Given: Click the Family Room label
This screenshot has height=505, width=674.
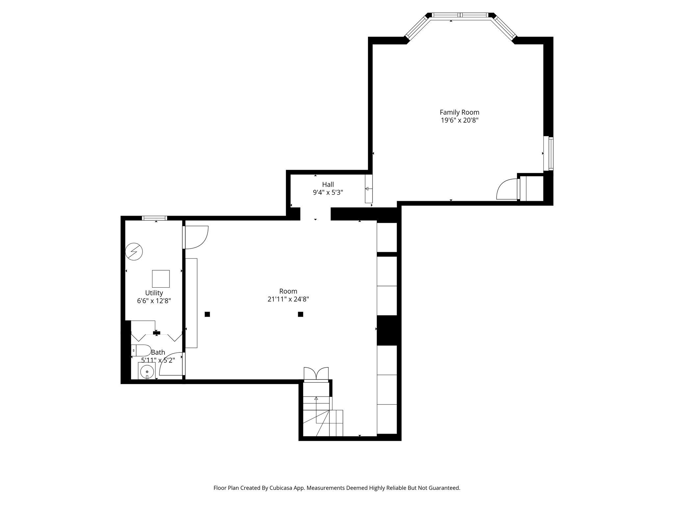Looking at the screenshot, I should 459,112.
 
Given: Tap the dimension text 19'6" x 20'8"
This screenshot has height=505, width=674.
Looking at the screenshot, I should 459,121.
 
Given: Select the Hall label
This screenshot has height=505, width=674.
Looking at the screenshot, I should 328,184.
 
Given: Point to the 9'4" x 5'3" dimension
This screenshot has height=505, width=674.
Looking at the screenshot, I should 328,193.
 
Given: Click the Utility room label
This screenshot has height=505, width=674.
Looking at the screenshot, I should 154,293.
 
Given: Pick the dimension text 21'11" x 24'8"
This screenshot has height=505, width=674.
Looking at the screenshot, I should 288,300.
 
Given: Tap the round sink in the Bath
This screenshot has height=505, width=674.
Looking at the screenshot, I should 146,372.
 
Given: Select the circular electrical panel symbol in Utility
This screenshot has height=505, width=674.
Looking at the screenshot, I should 134,252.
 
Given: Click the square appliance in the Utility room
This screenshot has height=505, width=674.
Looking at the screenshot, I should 161,279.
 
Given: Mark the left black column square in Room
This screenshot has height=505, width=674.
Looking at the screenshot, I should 207,314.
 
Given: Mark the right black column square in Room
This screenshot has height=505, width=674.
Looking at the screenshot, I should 300,314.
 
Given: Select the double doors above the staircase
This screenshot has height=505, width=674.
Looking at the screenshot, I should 316,374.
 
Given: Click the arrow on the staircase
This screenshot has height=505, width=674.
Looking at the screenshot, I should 316,399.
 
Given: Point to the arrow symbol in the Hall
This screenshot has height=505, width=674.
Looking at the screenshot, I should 367,189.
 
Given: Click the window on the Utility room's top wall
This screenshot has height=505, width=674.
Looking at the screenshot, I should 154,218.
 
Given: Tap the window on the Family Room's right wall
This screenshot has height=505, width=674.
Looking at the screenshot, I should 548,153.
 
